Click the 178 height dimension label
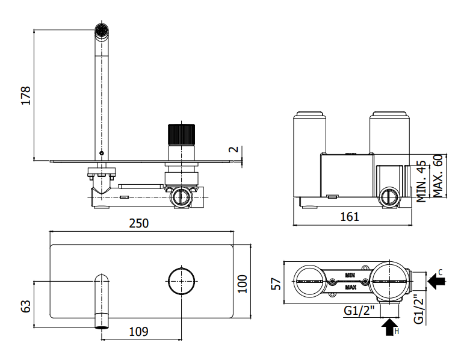click(x=26, y=95)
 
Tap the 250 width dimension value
click(x=139, y=223)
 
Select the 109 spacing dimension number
click(x=138, y=331)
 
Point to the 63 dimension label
click(x=26, y=306)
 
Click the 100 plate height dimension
click(x=243, y=284)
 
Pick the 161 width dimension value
click(x=350, y=217)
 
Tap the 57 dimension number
click(x=276, y=284)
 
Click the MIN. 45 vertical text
click(x=421, y=181)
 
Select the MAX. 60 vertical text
click(x=438, y=176)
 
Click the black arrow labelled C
click(x=436, y=281)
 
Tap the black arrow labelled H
click(x=390, y=327)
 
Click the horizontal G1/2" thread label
click(x=359, y=311)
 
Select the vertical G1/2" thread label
click(x=419, y=309)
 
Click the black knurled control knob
click(x=181, y=134)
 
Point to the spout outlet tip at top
click(x=102, y=30)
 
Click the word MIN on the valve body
click(x=350, y=275)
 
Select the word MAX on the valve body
click(x=350, y=287)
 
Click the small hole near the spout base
click(x=102, y=154)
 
